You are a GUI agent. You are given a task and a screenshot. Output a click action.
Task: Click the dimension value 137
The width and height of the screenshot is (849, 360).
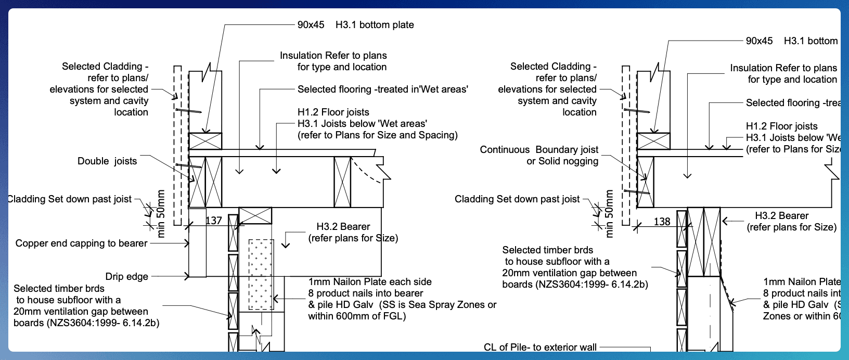point(213,221)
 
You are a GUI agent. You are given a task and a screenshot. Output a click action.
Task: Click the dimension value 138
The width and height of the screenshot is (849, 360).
point(662,222)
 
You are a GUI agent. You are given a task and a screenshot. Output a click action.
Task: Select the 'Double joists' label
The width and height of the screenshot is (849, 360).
point(107,161)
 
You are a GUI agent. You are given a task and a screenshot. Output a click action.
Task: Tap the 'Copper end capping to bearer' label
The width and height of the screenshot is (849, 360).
point(81,243)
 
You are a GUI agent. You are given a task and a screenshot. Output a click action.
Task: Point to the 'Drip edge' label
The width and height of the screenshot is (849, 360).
point(126,277)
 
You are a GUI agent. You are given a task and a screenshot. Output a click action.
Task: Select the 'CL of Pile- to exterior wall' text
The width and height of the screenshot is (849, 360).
point(540,347)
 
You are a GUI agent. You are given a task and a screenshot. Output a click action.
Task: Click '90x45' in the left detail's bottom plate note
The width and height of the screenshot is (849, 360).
point(311,25)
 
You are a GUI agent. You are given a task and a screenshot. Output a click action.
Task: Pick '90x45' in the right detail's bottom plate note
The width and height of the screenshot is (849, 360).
point(759,41)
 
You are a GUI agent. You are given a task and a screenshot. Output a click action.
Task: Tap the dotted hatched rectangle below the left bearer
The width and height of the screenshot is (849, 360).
point(261,274)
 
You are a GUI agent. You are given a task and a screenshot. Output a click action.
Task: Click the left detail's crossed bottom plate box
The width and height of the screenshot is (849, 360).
point(205,141)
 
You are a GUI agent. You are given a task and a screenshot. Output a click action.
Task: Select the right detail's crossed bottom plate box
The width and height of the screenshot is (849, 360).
point(653,141)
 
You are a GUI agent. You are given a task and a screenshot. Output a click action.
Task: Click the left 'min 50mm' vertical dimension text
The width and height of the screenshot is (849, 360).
point(161,214)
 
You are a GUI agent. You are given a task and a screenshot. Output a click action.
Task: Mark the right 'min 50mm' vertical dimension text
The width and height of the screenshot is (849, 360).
point(609,214)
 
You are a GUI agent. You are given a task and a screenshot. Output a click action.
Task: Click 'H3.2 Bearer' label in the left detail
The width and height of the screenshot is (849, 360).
point(343,227)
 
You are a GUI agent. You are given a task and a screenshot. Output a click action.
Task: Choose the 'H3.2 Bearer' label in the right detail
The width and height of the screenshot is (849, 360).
point(781,216)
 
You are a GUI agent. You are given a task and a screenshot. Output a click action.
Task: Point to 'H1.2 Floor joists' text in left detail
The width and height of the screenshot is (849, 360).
point(333,112)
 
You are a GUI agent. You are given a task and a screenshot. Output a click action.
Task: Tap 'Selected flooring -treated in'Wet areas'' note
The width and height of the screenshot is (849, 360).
point(382,89)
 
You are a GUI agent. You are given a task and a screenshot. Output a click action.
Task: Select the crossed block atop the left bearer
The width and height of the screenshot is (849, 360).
point(255,215)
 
